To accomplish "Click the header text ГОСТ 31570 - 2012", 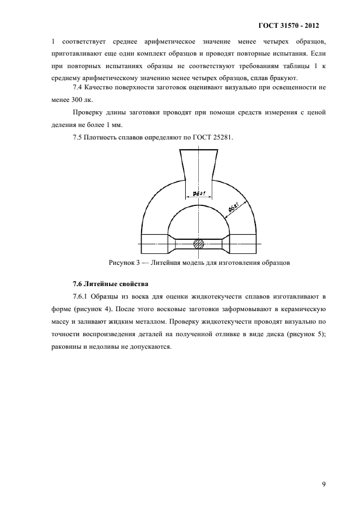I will click(287, 26).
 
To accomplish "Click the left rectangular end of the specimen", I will click(156, 243).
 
